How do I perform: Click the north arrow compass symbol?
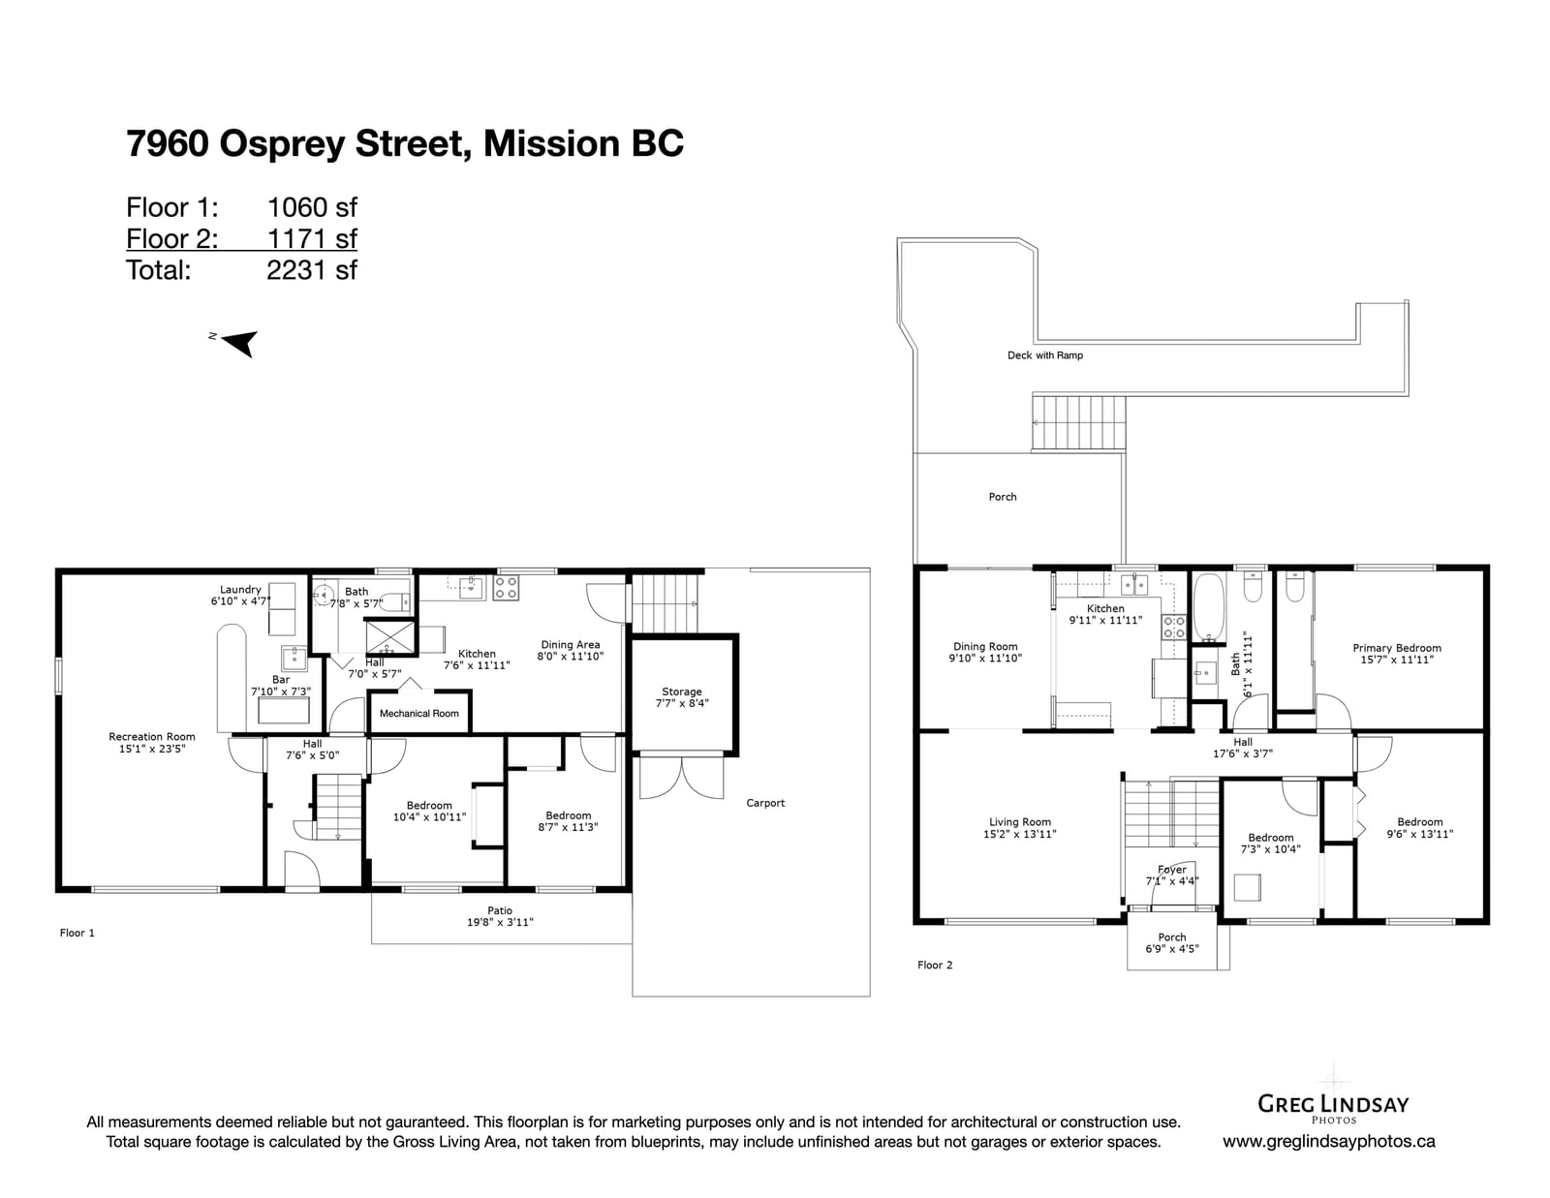[x=239, y=343]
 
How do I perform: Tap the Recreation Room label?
[x=152, y=742]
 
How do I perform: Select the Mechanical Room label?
[x=418, y=713]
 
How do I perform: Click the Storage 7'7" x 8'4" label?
[x=682, y=697]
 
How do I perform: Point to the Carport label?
[x=765, y=803]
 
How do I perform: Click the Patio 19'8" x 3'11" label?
[x=500, y=916]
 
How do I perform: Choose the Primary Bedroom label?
[x=1397, y=654]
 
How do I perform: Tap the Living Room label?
[x=1019, y=828]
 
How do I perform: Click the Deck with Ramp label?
[x=1045, y=355]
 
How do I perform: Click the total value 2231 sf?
[x=312, y=270]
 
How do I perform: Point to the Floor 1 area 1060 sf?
[x=312, y=207]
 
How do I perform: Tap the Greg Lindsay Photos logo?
[x=1332, y=1105]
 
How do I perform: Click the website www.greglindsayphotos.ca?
[x=1328, y=1142]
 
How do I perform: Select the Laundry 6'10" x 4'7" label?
[x=240, y=596]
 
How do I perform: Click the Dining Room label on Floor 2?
[x=985, y=653]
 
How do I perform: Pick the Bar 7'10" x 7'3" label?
[x=280, y=686]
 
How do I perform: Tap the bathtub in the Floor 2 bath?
[x=1208, y=607]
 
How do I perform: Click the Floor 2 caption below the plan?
[x=935, y=965]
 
